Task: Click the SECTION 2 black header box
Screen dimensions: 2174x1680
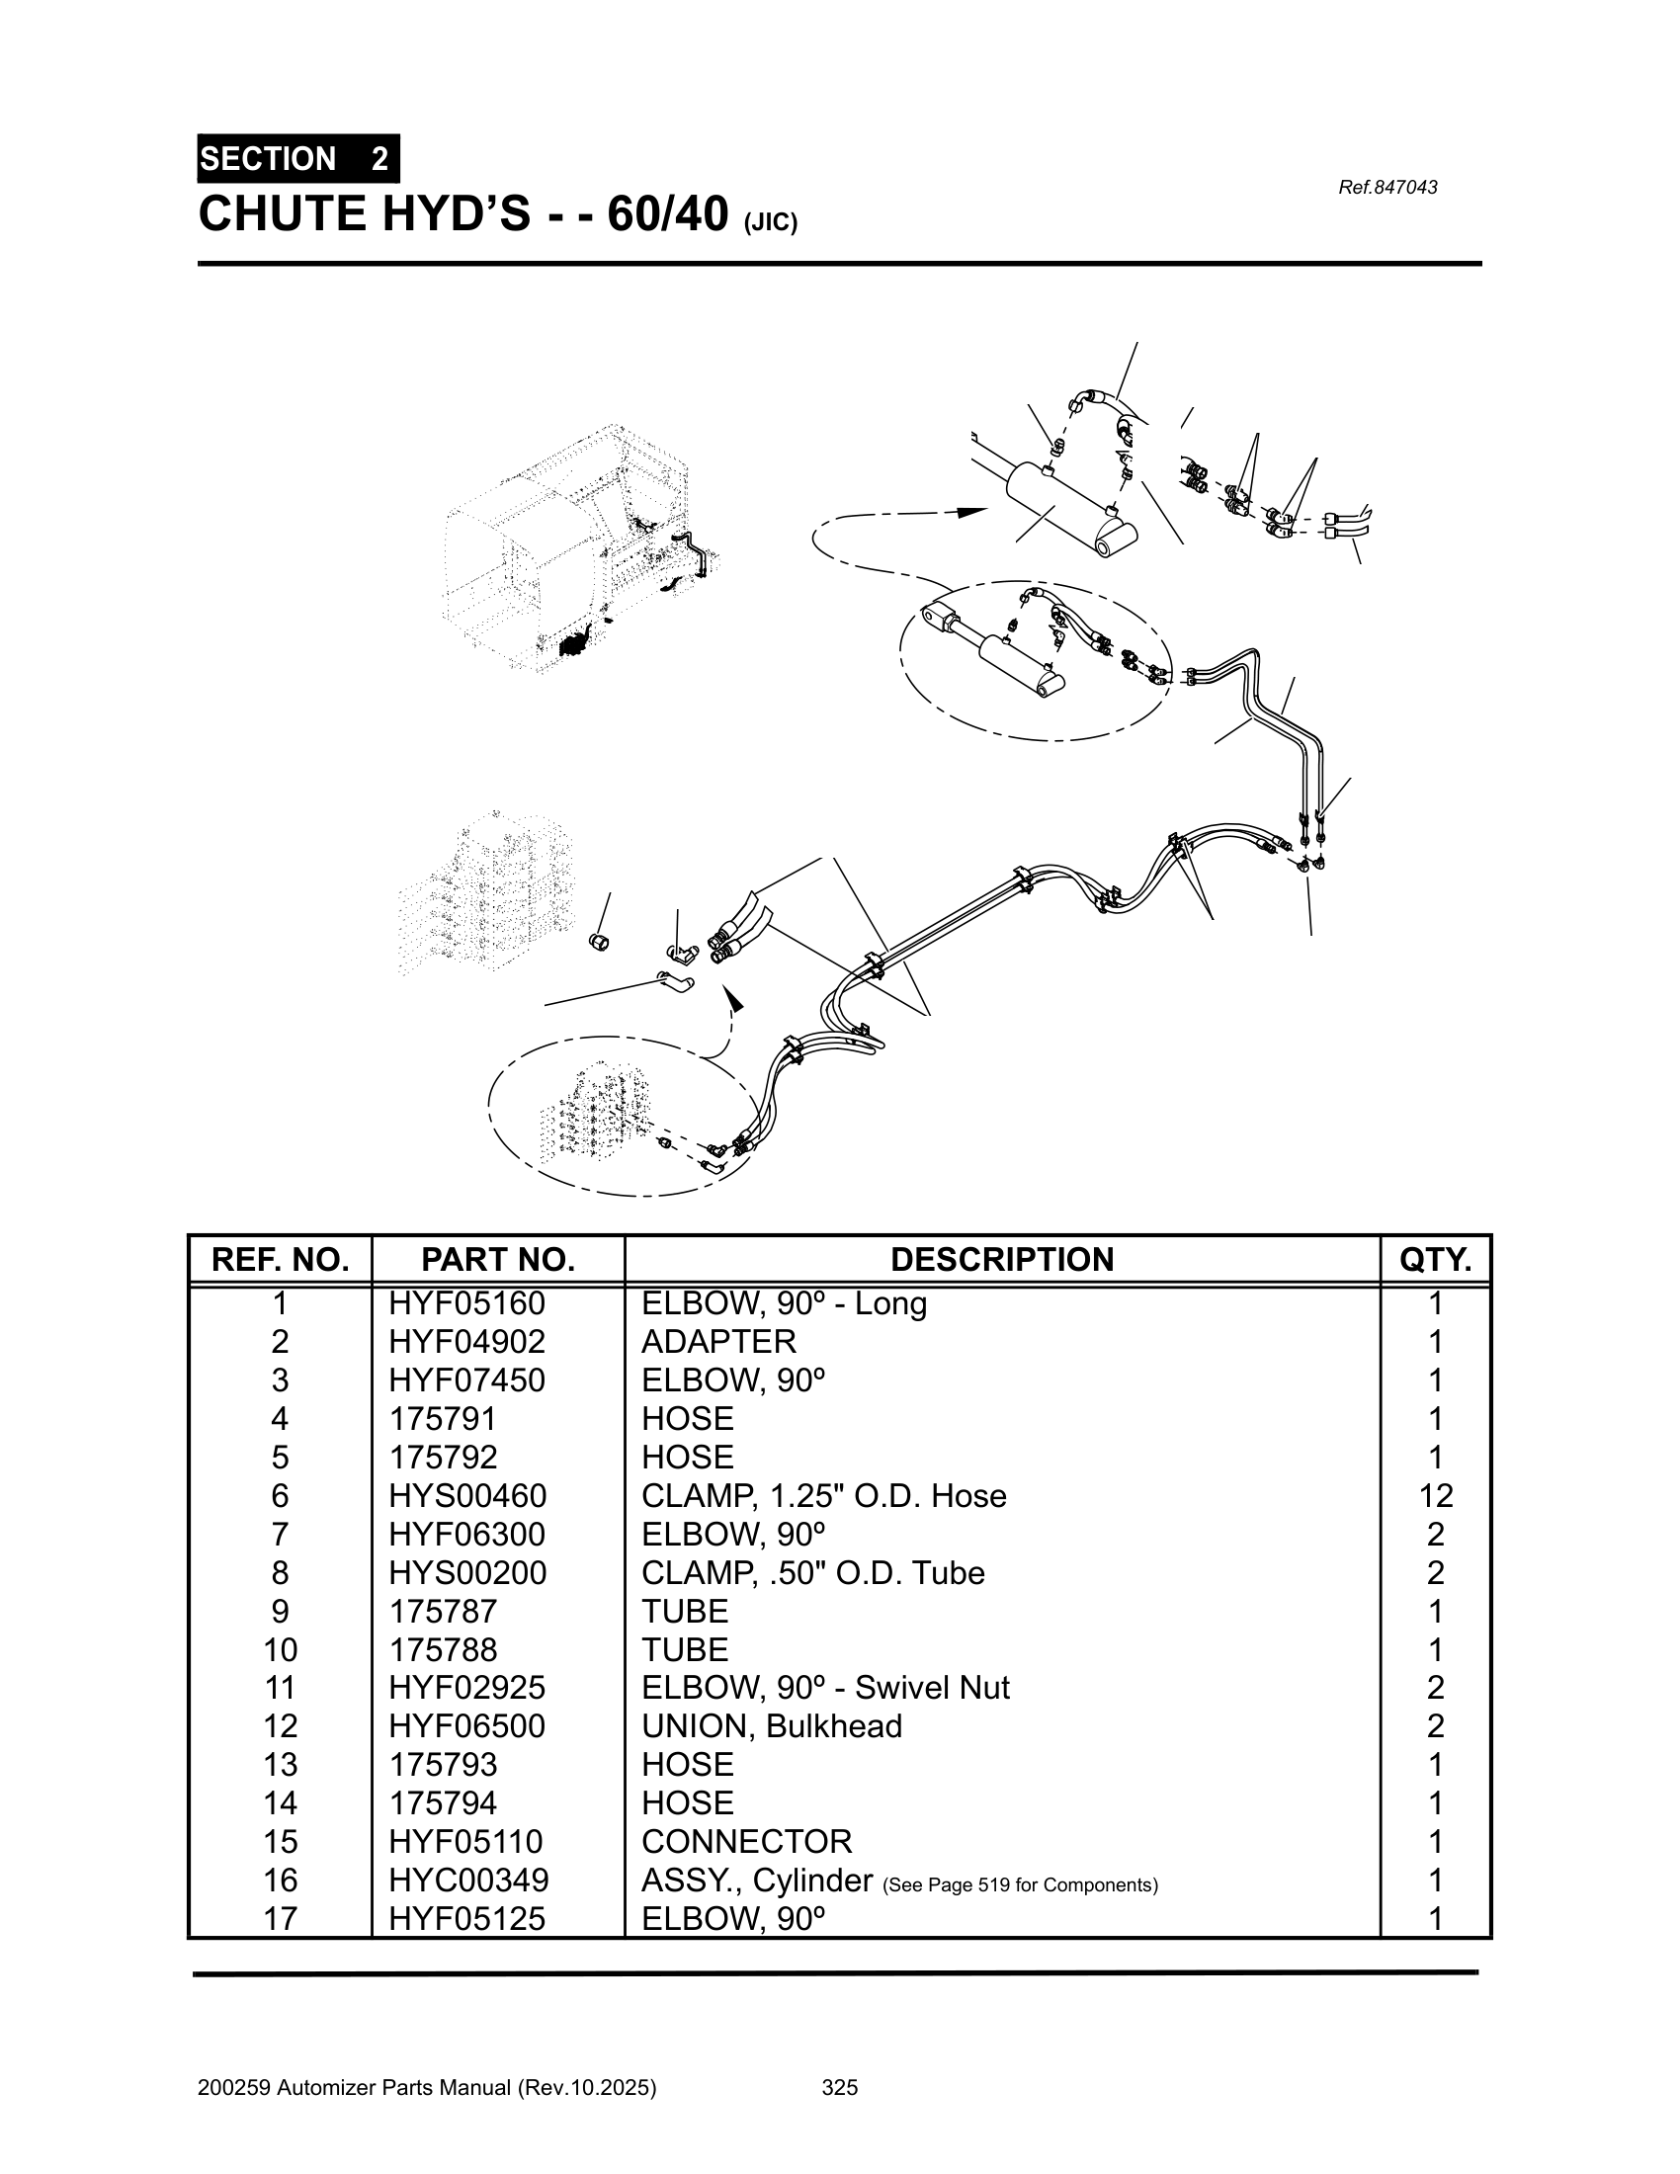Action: [297, 158]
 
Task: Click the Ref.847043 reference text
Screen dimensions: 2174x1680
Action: [1387, 187]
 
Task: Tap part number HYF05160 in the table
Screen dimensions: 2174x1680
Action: [466, 1303]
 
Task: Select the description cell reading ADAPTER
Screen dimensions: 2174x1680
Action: [718, 1342]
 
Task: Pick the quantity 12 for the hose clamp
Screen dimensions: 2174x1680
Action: [1435, 1495]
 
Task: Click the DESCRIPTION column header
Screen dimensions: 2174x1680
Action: [1001, 1259]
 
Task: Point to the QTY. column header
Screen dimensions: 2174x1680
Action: [1435, 1259]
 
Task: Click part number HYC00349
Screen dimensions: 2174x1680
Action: [467, 1880]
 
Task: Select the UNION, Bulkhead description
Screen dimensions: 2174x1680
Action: [772, 1726]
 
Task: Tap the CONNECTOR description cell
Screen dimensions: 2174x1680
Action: [746, 1842]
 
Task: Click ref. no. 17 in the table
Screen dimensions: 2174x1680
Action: [280, 1918]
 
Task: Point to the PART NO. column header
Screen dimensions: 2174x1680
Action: [498, 1259]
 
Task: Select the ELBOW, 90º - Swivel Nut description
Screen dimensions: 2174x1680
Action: [825, 1687]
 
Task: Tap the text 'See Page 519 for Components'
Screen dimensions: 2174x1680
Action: [1020, 1884]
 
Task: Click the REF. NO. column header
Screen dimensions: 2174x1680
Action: [280, 1259]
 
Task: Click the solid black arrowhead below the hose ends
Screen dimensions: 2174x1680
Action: [734, 998]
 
